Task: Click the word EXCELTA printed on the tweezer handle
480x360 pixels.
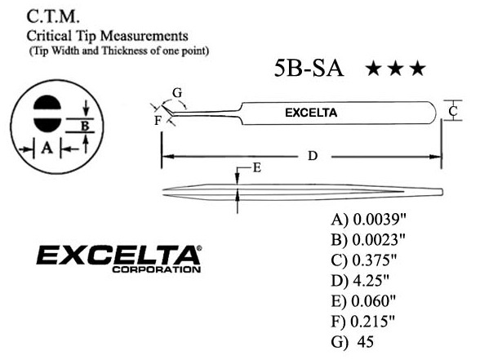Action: point(311,112)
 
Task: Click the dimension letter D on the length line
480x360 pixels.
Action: point(312,155)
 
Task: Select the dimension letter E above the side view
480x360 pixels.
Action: point(256,168)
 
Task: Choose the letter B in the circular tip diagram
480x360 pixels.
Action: point(83,125)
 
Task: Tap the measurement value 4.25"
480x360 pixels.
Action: point(371,280)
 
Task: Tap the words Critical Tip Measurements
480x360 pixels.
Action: point(108,36)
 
